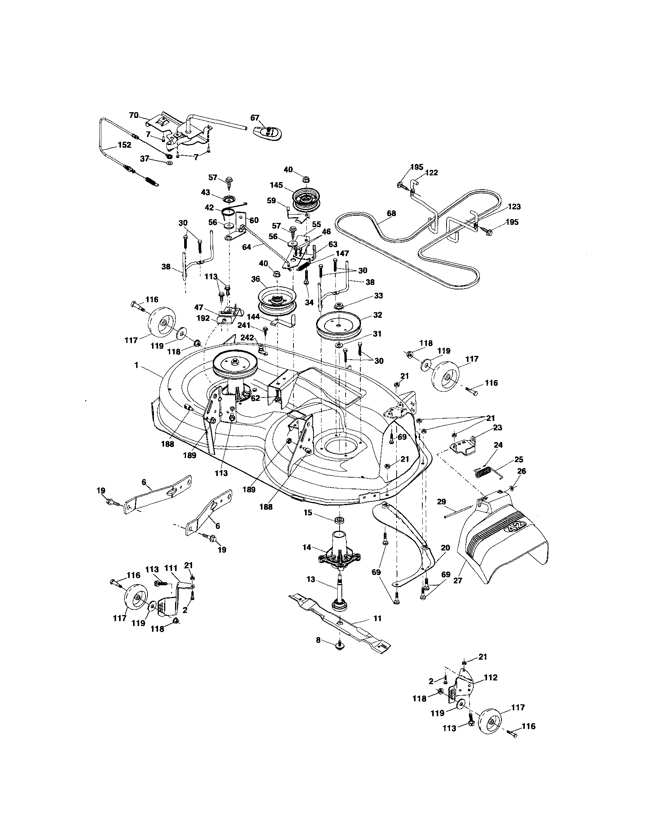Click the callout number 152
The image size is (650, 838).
(124, 145)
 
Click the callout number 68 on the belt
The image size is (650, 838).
(391, 213)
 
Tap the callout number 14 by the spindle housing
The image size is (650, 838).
(306, 547)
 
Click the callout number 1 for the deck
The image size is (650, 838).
(136, 366)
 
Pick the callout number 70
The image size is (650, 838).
(133, 115)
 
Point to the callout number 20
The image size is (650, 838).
(445, 548)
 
